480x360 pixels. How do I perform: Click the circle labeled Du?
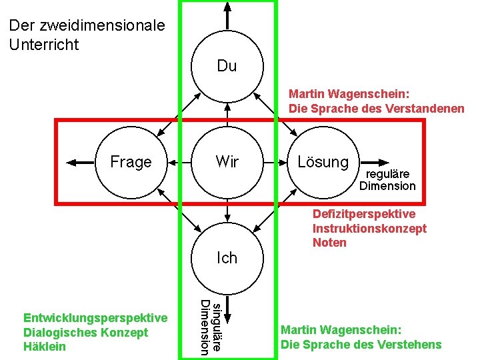coord(227,66)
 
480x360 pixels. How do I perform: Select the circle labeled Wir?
coord(227,161)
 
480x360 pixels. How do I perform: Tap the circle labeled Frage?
coord(131,161)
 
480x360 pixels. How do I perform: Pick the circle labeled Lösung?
coord(323,161)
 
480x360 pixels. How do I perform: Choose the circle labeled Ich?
coord(227,257)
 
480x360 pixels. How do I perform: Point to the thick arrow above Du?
coord(227,15)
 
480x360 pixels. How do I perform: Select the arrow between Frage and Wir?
coord(179,161)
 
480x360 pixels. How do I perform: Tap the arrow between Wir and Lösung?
coord(275,161)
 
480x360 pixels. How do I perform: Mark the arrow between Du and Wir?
coord(227,113)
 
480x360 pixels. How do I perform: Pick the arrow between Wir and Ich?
coord(227,209)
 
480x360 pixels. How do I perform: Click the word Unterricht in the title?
coord(44,45)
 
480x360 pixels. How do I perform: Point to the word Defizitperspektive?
coord(364,214)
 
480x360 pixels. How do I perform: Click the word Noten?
coord(329,243)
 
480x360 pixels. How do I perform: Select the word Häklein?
coord(45,347)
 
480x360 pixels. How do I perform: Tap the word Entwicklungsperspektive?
coord(95,317)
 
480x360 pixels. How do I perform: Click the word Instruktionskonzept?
coord(369,228)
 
